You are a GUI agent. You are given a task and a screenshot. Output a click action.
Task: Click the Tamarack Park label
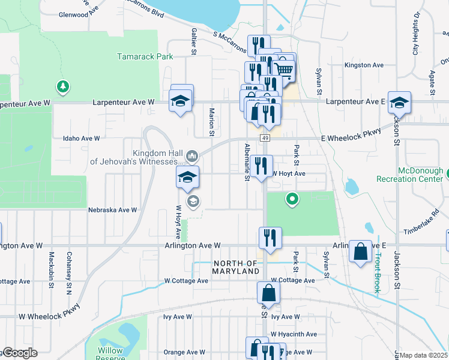(144, 56)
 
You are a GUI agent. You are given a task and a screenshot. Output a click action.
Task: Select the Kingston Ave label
(364, 65)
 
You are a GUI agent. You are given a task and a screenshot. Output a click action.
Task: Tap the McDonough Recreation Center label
(409, 175)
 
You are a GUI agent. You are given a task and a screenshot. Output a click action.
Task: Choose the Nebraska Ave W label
(113, 210)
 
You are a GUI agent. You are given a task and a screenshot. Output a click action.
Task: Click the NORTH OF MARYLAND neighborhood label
(236, 268)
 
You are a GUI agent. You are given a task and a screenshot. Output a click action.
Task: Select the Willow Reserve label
(112, 353)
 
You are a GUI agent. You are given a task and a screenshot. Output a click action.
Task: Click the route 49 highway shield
(265, 138)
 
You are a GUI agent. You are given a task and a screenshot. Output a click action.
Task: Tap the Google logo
(19, 353)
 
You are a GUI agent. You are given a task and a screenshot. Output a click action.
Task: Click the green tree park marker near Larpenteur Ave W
(62, 88)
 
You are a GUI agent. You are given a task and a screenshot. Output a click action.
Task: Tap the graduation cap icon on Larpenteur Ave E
(399, 102)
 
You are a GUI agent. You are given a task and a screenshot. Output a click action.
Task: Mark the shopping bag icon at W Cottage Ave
(268, 293)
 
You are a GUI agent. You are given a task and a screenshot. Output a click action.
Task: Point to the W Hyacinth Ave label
(294, 334)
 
